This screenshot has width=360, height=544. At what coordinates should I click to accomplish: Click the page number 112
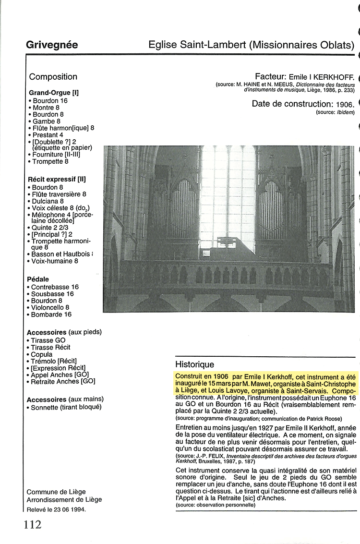[33, 524]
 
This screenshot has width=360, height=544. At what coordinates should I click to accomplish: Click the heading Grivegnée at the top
[52, 46]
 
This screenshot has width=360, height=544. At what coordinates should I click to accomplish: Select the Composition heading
[53, 77]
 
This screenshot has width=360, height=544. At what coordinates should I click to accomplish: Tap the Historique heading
[194, 364]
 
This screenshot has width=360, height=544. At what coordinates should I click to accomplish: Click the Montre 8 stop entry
[46, 108]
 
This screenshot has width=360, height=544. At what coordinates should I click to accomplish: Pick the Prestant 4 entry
[48, 135]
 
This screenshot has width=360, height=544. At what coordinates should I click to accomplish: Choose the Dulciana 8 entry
[48, 201]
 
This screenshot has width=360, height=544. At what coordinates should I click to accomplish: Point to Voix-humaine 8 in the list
[55, 261]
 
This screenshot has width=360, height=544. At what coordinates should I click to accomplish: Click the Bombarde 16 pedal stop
[51, 314]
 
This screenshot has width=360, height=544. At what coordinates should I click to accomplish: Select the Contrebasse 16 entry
[55, 287]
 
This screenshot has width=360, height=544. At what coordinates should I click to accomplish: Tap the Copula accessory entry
[42, 354]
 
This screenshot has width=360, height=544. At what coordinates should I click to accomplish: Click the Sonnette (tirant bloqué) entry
[66, 407]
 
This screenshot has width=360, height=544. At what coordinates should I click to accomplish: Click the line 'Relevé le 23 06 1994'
[56, 509]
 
